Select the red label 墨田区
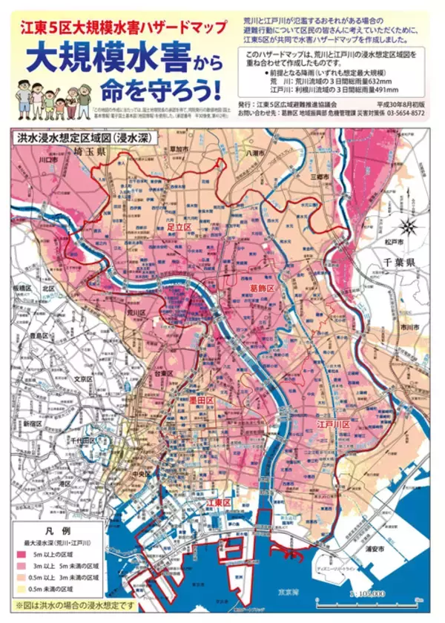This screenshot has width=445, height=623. pyautogui.click(x=201, y=400)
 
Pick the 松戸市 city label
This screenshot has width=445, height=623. pyautogui.click(x=394, y=243)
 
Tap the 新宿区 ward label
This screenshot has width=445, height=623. pyautogui.click(x=33, y=422)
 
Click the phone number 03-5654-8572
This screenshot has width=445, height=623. pyautogui.click(x=398, y=113)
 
